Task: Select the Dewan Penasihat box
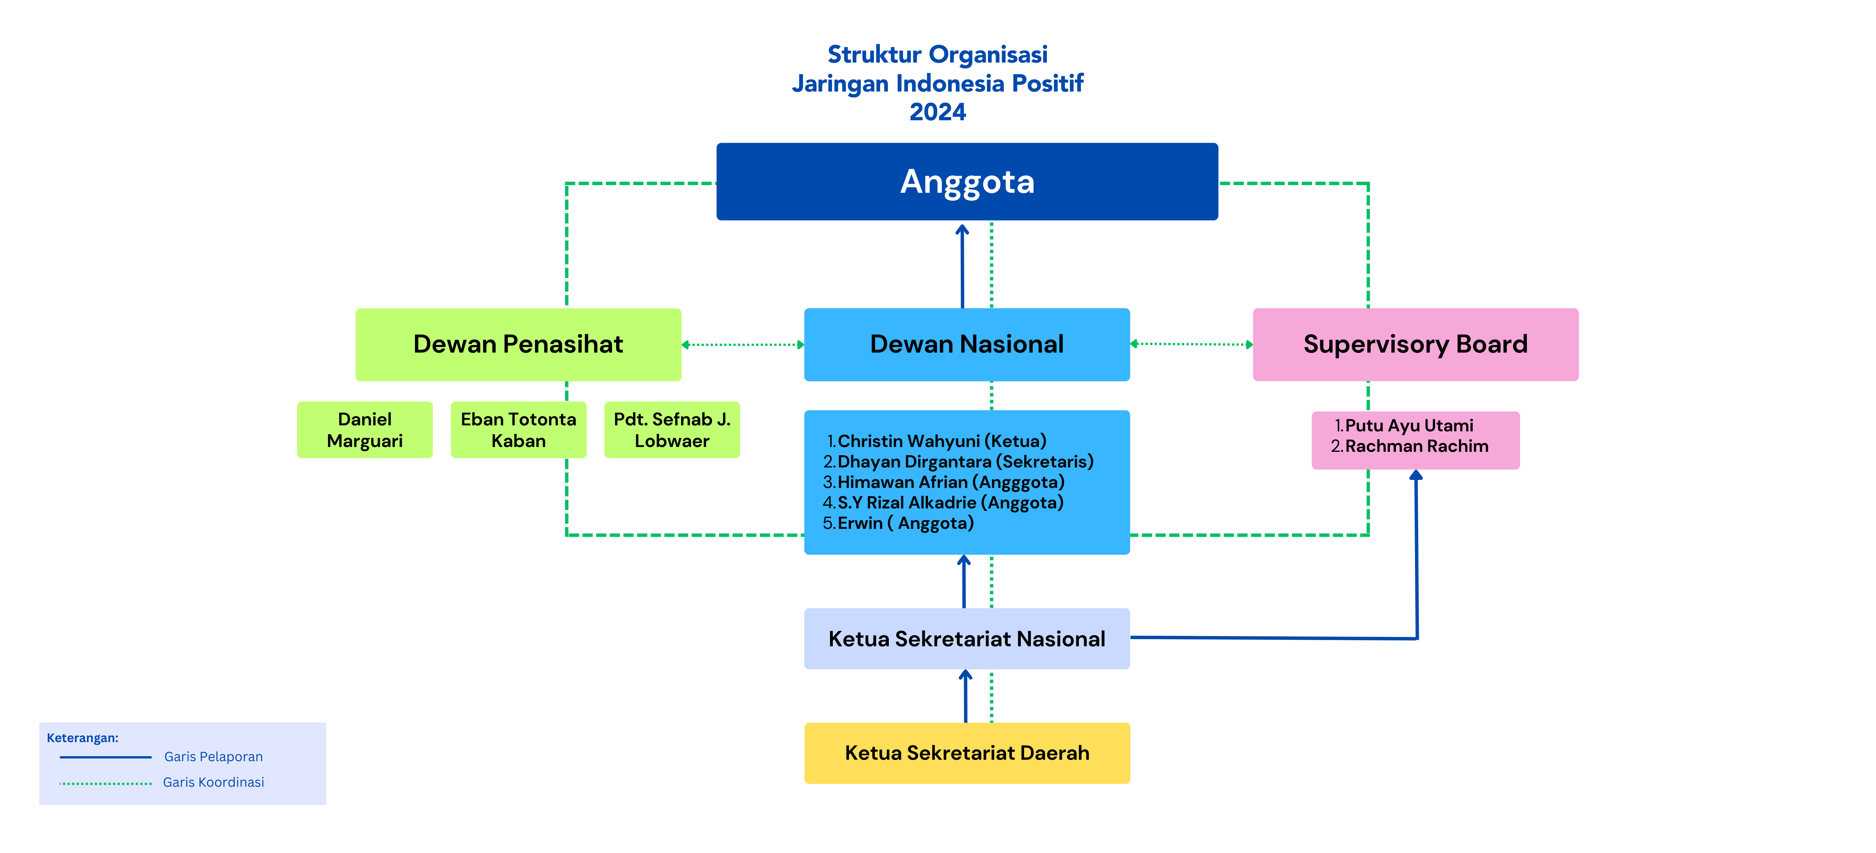[518, 344]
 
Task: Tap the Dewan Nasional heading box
[966, 344]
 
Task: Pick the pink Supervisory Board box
[1415, 344]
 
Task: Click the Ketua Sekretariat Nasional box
[966, 639]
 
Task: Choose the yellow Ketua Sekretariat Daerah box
[966, 752]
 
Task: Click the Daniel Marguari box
[364, 430]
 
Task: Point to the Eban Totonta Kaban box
[518, 430]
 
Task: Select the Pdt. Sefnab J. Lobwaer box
[671, 430]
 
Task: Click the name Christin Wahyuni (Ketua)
[941, 441]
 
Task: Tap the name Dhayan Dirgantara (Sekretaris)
[965, 461]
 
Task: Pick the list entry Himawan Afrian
[951, 481]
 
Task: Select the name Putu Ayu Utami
[1408, 425]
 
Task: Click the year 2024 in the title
[937, 112]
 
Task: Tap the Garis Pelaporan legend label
[213, 756]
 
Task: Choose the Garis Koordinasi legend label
[213, 782]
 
